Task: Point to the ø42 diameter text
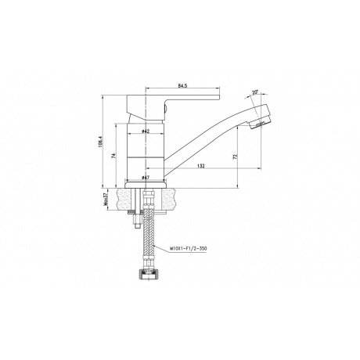pyautogui.click(x=146, y=131)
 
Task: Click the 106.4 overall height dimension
pyautogui.click(x=102, y=141)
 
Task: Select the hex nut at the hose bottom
pyautogui.click(x=146, y=275)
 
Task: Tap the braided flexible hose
pyautogui.click(x=146, y=243)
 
